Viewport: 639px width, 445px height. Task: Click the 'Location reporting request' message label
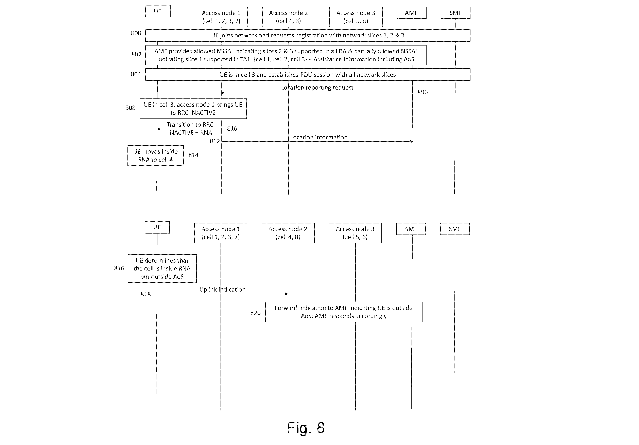317,88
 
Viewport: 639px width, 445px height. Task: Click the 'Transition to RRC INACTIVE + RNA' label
190,129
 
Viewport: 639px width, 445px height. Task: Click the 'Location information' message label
319,137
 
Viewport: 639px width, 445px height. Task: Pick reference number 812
215,141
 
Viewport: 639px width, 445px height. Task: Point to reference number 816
119,268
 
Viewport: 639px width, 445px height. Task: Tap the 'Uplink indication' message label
222,290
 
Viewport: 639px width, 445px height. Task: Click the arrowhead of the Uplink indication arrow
287,294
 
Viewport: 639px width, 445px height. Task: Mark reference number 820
256,313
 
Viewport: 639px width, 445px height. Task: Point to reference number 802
136,54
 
